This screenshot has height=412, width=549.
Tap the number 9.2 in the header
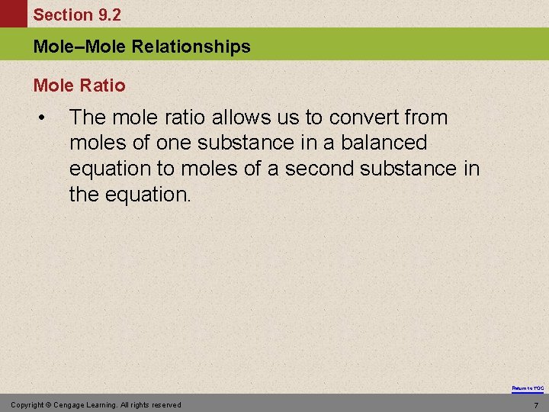click(107, 14)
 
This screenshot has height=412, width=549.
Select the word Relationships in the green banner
click(191, 47)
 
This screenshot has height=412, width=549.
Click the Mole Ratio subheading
click(79, 85)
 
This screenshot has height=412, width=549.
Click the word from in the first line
click(428, 117)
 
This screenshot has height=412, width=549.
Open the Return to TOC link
click(528, 388)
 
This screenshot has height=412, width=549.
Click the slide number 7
click(536, 404)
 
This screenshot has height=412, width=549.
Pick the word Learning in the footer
click(108, 404)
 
